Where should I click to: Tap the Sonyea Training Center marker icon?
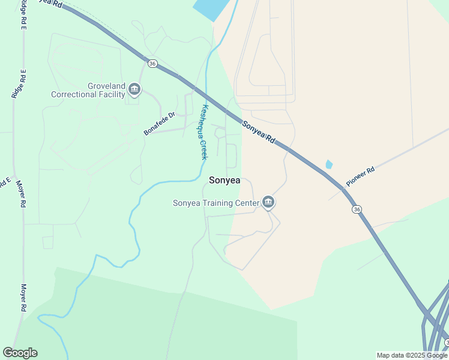[268, 203]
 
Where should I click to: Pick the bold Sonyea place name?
[224, 180]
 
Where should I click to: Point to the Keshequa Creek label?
[204, 132]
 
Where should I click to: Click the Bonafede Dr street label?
[159, 124]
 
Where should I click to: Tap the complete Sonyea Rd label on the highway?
[259, 132]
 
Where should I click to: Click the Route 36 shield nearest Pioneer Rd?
[357, 209]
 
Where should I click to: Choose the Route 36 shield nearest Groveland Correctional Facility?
[152, 63]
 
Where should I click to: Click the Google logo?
[20, 353]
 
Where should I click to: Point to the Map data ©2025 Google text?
[412, 355]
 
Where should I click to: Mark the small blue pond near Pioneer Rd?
[328, 164]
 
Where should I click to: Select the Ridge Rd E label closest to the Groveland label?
[19, 84]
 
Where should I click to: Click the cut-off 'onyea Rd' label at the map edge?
[48, 3]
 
